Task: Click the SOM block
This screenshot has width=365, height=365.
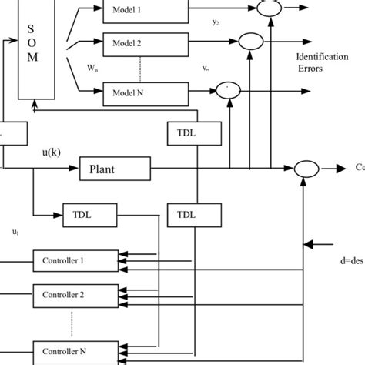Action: click(x=32, y=46)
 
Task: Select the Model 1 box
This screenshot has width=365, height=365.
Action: click(x=145, y=10)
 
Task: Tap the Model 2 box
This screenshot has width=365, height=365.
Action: click(x=145, y=42)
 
